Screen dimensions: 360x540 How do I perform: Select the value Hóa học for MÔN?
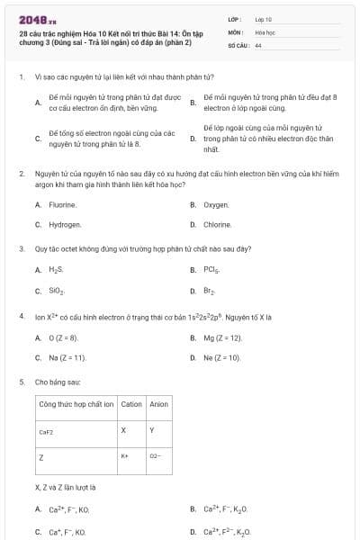264,31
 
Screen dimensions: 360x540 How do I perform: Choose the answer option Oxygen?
216,205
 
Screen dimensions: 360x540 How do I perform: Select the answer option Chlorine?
217,224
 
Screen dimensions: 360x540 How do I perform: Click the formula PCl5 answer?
211,269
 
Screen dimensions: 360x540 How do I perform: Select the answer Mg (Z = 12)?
222,337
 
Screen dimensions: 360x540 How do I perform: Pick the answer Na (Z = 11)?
67,357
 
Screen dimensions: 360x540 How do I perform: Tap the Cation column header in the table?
131,404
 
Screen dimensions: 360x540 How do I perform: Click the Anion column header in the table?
158,404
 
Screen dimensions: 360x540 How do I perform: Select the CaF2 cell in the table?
47,432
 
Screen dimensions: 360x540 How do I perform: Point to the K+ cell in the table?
126,456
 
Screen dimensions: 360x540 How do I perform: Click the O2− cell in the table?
155,456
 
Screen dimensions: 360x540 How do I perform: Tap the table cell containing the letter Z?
41,457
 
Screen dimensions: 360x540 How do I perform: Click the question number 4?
21,317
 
